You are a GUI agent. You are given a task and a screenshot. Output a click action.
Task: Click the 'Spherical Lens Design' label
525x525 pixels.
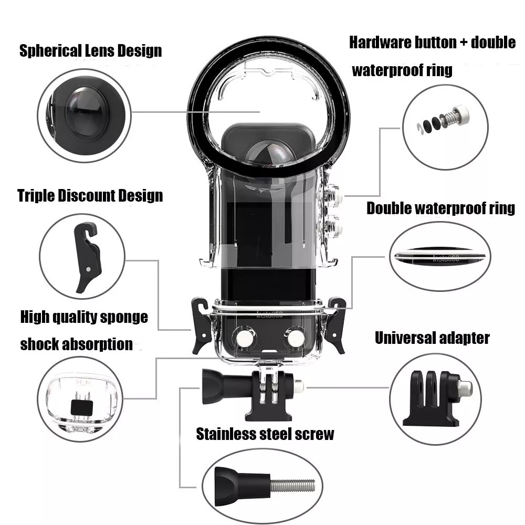click(90, 51)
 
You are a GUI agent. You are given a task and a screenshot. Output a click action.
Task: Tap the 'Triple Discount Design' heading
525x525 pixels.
click(90, 196)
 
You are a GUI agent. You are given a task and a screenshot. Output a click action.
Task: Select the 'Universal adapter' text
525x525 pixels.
click(432, 338)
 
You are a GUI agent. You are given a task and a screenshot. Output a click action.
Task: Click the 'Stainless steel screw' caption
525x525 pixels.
click(265, 434)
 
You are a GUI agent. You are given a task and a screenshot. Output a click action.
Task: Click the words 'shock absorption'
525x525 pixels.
click(76, 344)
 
